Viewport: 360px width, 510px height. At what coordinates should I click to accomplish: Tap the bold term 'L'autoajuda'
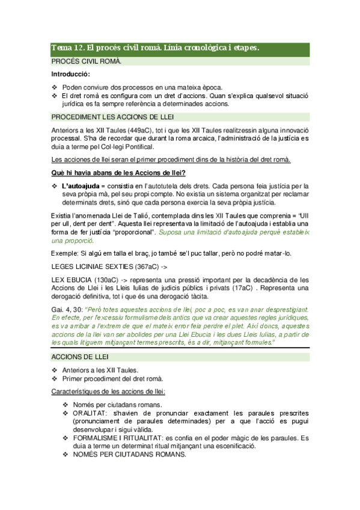click(81, 186)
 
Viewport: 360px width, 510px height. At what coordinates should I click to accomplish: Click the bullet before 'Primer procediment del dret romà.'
click(55, 379)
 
